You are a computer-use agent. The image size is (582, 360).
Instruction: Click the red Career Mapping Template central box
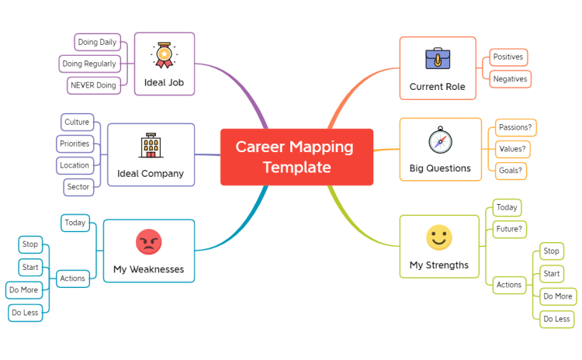296,157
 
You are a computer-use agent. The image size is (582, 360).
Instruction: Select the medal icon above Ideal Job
164,55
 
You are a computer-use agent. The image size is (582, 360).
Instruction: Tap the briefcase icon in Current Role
438,59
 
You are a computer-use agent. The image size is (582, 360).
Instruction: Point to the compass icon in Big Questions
440,140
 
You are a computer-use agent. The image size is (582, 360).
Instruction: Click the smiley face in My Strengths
439,237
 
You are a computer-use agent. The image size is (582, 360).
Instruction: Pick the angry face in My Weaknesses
149,242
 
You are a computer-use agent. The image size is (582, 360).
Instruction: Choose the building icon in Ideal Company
151,145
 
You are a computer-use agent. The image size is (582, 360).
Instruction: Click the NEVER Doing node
94,85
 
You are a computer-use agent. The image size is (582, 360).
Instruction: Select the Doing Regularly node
89,64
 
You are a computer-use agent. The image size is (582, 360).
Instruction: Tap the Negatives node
511,79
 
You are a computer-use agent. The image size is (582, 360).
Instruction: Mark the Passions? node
515,128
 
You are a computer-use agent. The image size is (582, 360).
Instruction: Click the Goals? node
511,171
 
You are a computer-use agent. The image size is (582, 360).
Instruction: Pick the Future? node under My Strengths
509,229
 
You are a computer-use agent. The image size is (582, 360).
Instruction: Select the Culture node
77,122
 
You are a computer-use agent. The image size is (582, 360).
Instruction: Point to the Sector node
78,187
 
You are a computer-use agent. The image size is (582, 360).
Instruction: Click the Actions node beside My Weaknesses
73,279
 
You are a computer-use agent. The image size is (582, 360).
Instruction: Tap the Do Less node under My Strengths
556,319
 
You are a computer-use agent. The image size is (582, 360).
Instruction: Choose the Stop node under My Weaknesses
30,244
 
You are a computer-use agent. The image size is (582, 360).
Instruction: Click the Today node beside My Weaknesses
75,223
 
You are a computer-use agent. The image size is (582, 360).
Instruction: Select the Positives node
508,57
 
